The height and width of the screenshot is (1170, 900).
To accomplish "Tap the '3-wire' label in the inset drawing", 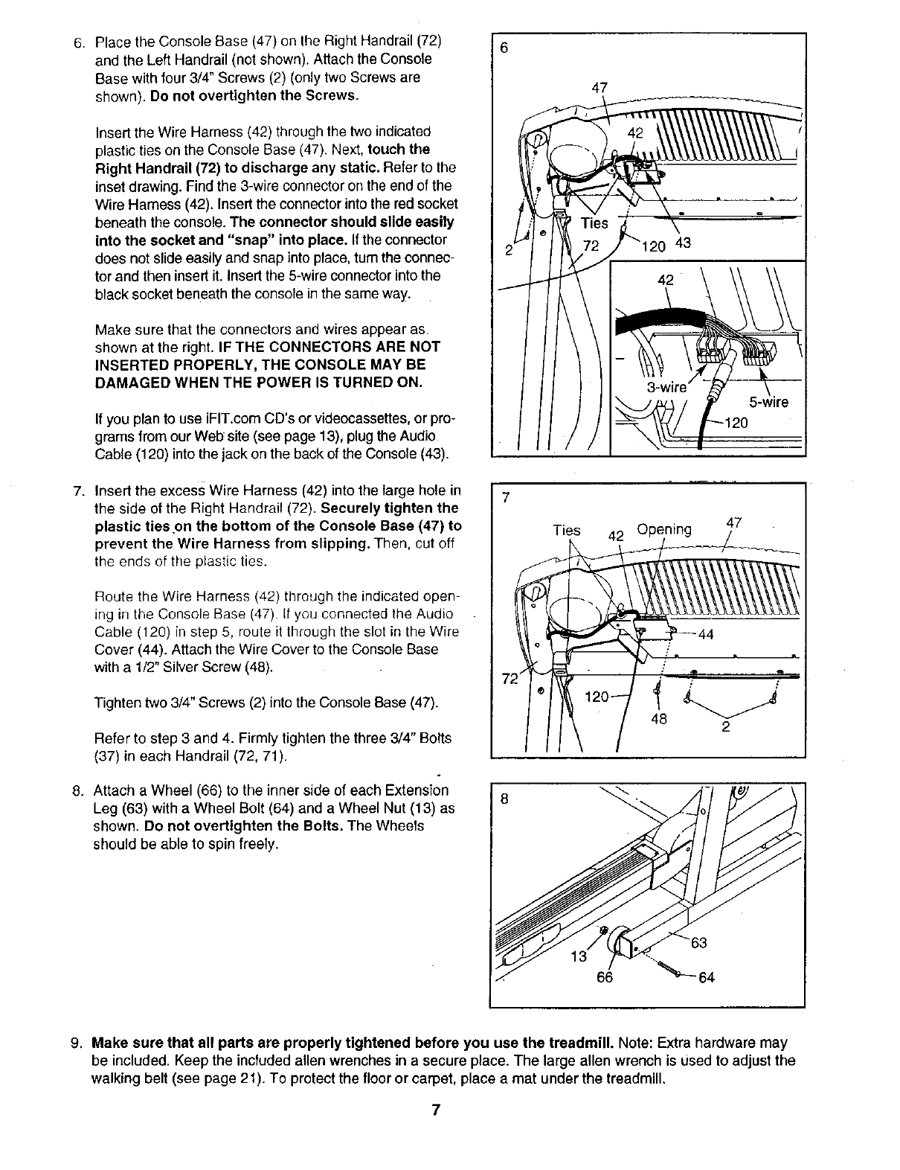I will point(666,387).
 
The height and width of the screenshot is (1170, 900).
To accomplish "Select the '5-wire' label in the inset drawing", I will point(768,403).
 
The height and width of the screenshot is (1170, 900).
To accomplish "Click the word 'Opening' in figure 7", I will point(664,529).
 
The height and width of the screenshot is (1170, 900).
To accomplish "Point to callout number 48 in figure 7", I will point(659,719).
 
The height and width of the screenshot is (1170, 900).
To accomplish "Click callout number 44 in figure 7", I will point(705,634).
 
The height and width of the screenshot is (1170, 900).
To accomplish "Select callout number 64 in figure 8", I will point(706,977).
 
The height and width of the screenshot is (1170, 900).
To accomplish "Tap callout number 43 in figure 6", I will point(683,243).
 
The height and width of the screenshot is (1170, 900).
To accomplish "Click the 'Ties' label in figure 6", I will point(594,223).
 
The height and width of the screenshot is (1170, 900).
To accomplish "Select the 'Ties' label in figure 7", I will point(567,530).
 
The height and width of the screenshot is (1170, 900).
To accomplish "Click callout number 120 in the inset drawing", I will point(736,423).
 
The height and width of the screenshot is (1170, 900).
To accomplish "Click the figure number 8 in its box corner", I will point(504,800).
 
